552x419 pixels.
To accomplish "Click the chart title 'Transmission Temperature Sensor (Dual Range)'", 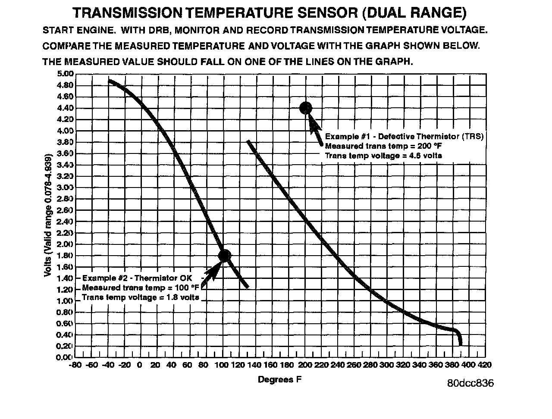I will [x=270, y=13].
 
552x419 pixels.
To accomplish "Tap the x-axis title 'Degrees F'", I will [x=279, y=379].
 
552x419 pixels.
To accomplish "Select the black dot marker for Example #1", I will [x=305, y=108].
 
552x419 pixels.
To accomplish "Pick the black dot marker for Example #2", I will [x=225, y=256].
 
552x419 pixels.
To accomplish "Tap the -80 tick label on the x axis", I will [x=75, y=365].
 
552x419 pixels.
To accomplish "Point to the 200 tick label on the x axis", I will [x=305, y=365].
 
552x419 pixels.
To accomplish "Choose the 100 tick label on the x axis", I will [x=223, y=365].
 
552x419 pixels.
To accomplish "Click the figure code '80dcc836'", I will [x=470, y=383].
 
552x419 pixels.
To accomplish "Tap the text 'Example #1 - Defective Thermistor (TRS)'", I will [x=404, y=136].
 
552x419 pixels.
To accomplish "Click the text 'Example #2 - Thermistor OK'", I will [x=137, y=278].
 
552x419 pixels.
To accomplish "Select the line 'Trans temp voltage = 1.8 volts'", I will [x=141, y=297].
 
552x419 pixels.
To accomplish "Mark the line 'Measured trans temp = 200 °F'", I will [x=383, y=146].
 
